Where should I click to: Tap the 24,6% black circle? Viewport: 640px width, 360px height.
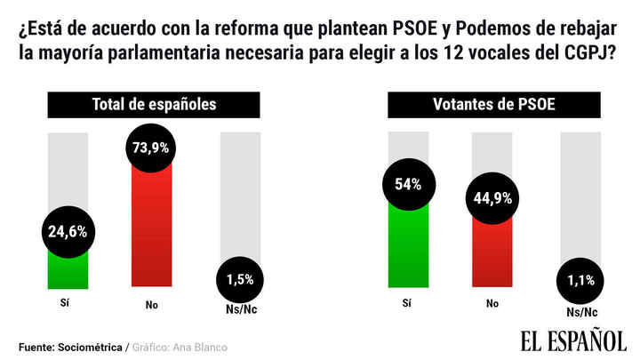click(68, 233)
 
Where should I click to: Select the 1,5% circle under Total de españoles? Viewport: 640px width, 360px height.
click(240, 278)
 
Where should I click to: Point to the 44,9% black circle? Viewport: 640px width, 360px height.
click(491, 198)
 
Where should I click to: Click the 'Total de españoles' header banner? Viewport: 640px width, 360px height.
click(155, 105)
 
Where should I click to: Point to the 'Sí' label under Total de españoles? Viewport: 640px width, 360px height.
click(68, 302)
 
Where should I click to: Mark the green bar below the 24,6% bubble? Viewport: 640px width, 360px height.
click(68, 271)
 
